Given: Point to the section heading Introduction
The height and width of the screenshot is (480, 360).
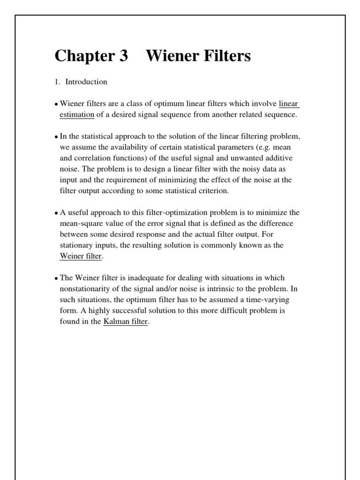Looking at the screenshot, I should point(86,82).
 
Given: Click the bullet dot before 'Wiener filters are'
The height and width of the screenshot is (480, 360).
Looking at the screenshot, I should point(57,104).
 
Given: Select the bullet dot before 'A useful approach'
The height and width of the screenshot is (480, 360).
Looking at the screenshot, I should point(57,213).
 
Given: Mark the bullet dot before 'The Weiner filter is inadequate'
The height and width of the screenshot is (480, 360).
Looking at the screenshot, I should point(57,278).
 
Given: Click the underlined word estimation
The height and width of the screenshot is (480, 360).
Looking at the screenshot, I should point(77,114).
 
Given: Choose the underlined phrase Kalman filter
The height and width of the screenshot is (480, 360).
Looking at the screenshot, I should point(126,322).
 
